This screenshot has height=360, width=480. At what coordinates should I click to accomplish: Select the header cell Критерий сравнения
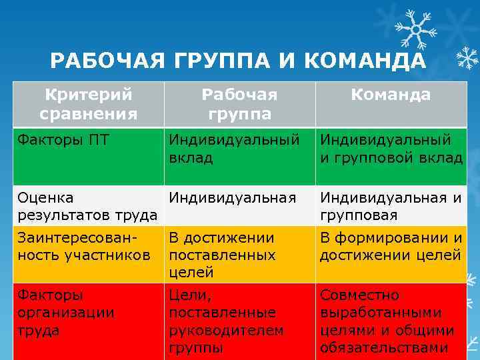click(88, 104)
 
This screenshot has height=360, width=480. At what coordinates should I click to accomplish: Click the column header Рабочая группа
click(239, 104)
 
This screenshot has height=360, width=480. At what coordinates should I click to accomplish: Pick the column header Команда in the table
click(391, 95)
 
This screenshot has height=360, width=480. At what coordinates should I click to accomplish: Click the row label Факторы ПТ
click(64, 140)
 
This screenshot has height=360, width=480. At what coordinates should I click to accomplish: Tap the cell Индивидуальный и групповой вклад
click(391, 149)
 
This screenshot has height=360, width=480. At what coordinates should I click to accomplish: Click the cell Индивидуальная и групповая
click(391, 206)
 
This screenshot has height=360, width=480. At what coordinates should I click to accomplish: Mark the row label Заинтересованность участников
click(84, 246)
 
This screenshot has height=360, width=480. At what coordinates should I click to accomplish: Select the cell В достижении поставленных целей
click(222, 255)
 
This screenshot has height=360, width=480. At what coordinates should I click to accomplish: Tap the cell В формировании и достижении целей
click(391, 246)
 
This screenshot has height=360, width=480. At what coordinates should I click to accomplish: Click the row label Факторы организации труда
click(66, 312)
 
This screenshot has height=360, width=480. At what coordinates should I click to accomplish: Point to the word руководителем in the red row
click(227, 330)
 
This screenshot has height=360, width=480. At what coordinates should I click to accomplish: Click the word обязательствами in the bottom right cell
click(391, 347)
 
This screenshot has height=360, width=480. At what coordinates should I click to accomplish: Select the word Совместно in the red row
click(359, 295)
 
